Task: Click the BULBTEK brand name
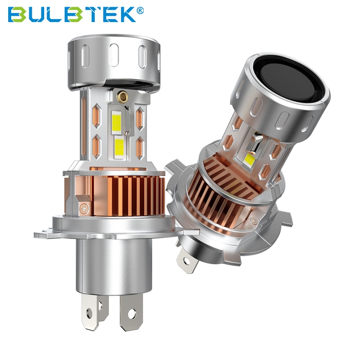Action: pos(72,14)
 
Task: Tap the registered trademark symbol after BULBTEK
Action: pos(141,9)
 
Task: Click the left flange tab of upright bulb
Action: pos(43,234)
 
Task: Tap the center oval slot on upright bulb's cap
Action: pos(115,55)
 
